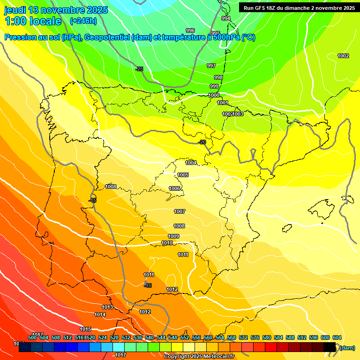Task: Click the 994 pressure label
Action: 226,19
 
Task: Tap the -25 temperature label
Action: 139,69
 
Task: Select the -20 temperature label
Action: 202,142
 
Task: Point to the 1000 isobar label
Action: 214,95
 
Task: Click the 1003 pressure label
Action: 238,114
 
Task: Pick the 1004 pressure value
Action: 191,163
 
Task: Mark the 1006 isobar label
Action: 174,188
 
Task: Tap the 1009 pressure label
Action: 173,236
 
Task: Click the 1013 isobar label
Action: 107,307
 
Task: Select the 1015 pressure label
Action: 85,329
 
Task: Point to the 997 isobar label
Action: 211,66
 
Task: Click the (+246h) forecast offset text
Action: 83,21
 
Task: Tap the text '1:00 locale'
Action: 33,21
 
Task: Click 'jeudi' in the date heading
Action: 16,10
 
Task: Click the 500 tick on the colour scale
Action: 32,337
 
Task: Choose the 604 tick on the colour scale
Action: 337,337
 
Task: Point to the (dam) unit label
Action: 347,347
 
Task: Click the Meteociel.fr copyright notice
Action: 199,356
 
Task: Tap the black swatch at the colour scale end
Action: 330,347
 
